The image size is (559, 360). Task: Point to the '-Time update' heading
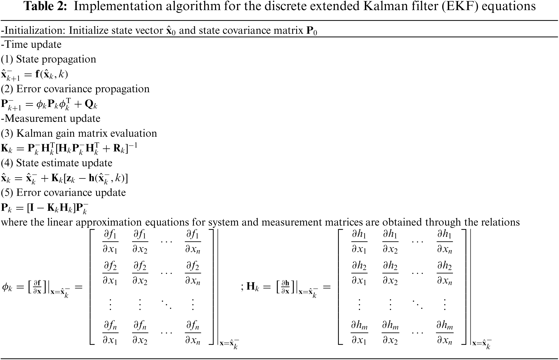tap(31, 45)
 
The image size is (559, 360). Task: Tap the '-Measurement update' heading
tap(51, 118)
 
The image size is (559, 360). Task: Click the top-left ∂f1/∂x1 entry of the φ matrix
tap(110, 242)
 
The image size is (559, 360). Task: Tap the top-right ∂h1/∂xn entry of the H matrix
tap(444, 242)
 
